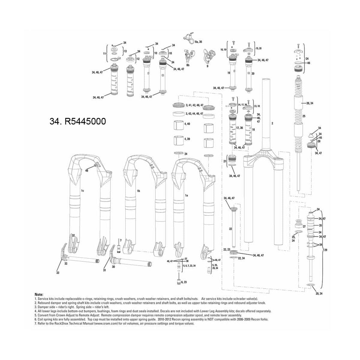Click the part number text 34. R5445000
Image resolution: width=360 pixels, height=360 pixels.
point(77,121)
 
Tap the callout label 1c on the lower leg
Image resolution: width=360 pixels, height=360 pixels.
point(82,191)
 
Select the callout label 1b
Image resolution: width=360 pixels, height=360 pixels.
point(138,191)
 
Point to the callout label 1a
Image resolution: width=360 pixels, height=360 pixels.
point(186,195)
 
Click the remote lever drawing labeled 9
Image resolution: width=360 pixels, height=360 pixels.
point(209,55)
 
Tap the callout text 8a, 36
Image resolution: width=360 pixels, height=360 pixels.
point(198,42)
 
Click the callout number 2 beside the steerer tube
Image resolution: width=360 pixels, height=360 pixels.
point(272,123)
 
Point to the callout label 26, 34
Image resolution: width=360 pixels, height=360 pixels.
point(310,103)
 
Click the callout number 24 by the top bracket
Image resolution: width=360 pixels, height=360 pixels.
point(307,58)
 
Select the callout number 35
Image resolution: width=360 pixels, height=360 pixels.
point(320,225)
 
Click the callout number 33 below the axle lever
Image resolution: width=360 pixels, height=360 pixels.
point(58,273)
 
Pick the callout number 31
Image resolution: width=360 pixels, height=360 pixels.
point(104,270)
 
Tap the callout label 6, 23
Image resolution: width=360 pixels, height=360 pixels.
point(184,282)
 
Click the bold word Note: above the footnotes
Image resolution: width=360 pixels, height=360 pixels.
point(39,295)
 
